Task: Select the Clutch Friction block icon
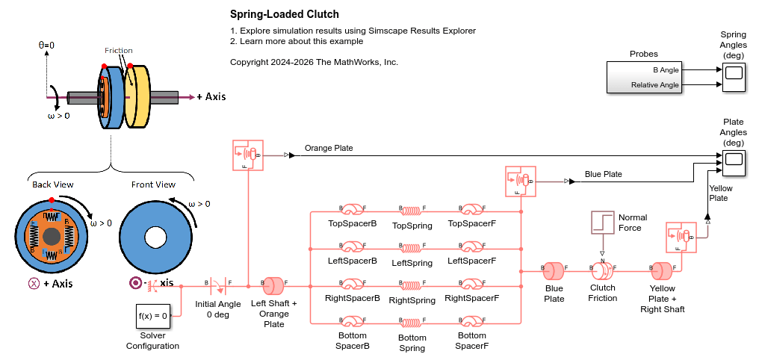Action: (602, 269)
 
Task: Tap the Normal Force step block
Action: (602, 223)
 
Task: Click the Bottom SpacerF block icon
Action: (472, 322)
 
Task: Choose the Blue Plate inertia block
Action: (554, 269)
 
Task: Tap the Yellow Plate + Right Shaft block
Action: (662, 269)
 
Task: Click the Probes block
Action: (643, 77)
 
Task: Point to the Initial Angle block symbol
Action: (217, 285)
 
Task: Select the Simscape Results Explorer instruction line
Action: (353, 31)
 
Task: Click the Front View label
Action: (153, 184)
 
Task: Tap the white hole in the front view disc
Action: (155, 237)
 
